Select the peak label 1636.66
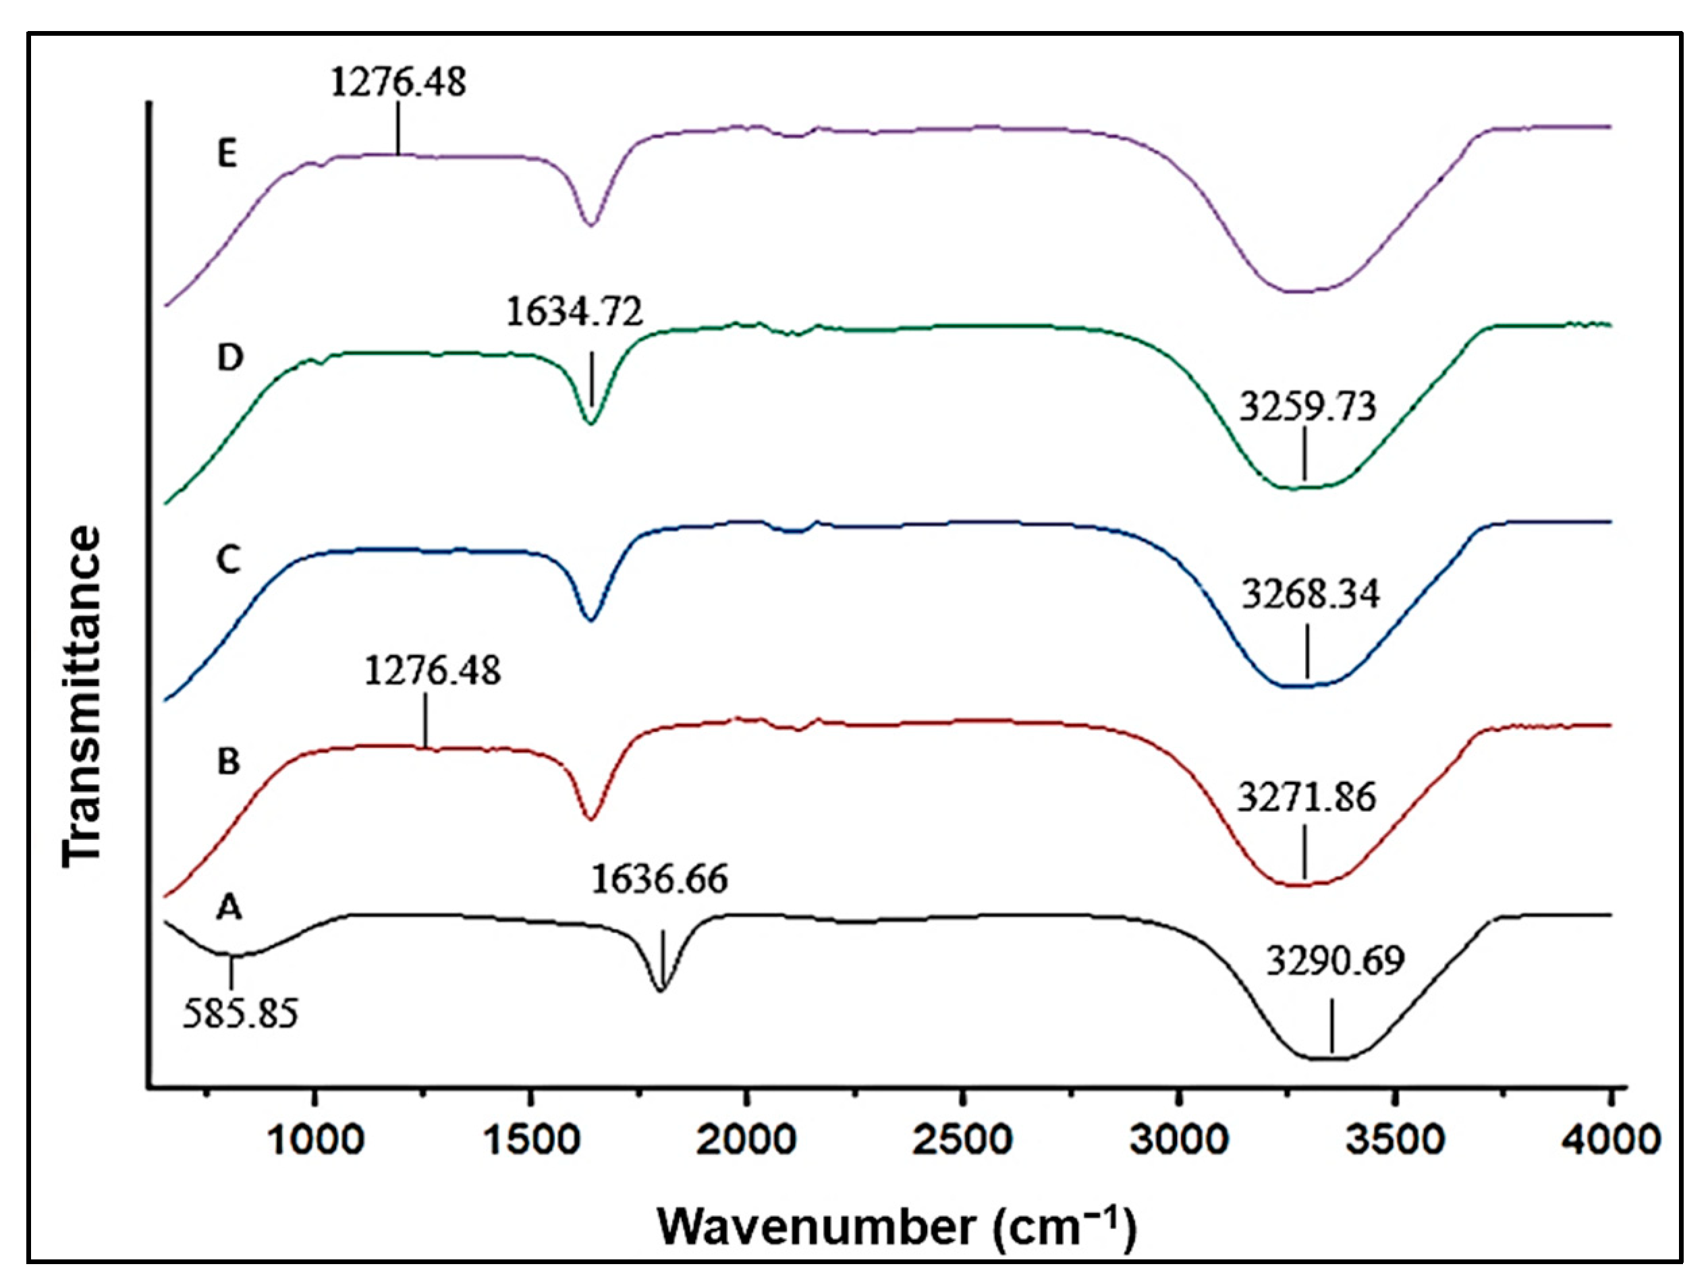click(x=659, y=880)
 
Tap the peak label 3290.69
click(x=1335, y=961)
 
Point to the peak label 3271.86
click(x=1306, y=797)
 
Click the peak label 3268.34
click(x=1310, y=594)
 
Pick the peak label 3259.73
click(x=1307, y=407)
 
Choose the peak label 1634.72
click(x=574, y=312)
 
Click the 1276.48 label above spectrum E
click(x=398, y=82)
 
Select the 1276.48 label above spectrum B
click(x=433, y=670)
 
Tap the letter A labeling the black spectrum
click(x=229, y=908)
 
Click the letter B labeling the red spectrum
click(x=229, y=762)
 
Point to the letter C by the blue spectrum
click(x=229, y=560)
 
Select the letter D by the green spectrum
click(x=229, y=358)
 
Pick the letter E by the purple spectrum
click(x=227, y=154)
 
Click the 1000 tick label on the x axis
click(x=314, y=1140)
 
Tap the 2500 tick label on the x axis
click(x=962, y=1140)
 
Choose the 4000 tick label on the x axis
click(x=1611, y=1140)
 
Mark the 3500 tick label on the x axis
click(x=1394, y=1140)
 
